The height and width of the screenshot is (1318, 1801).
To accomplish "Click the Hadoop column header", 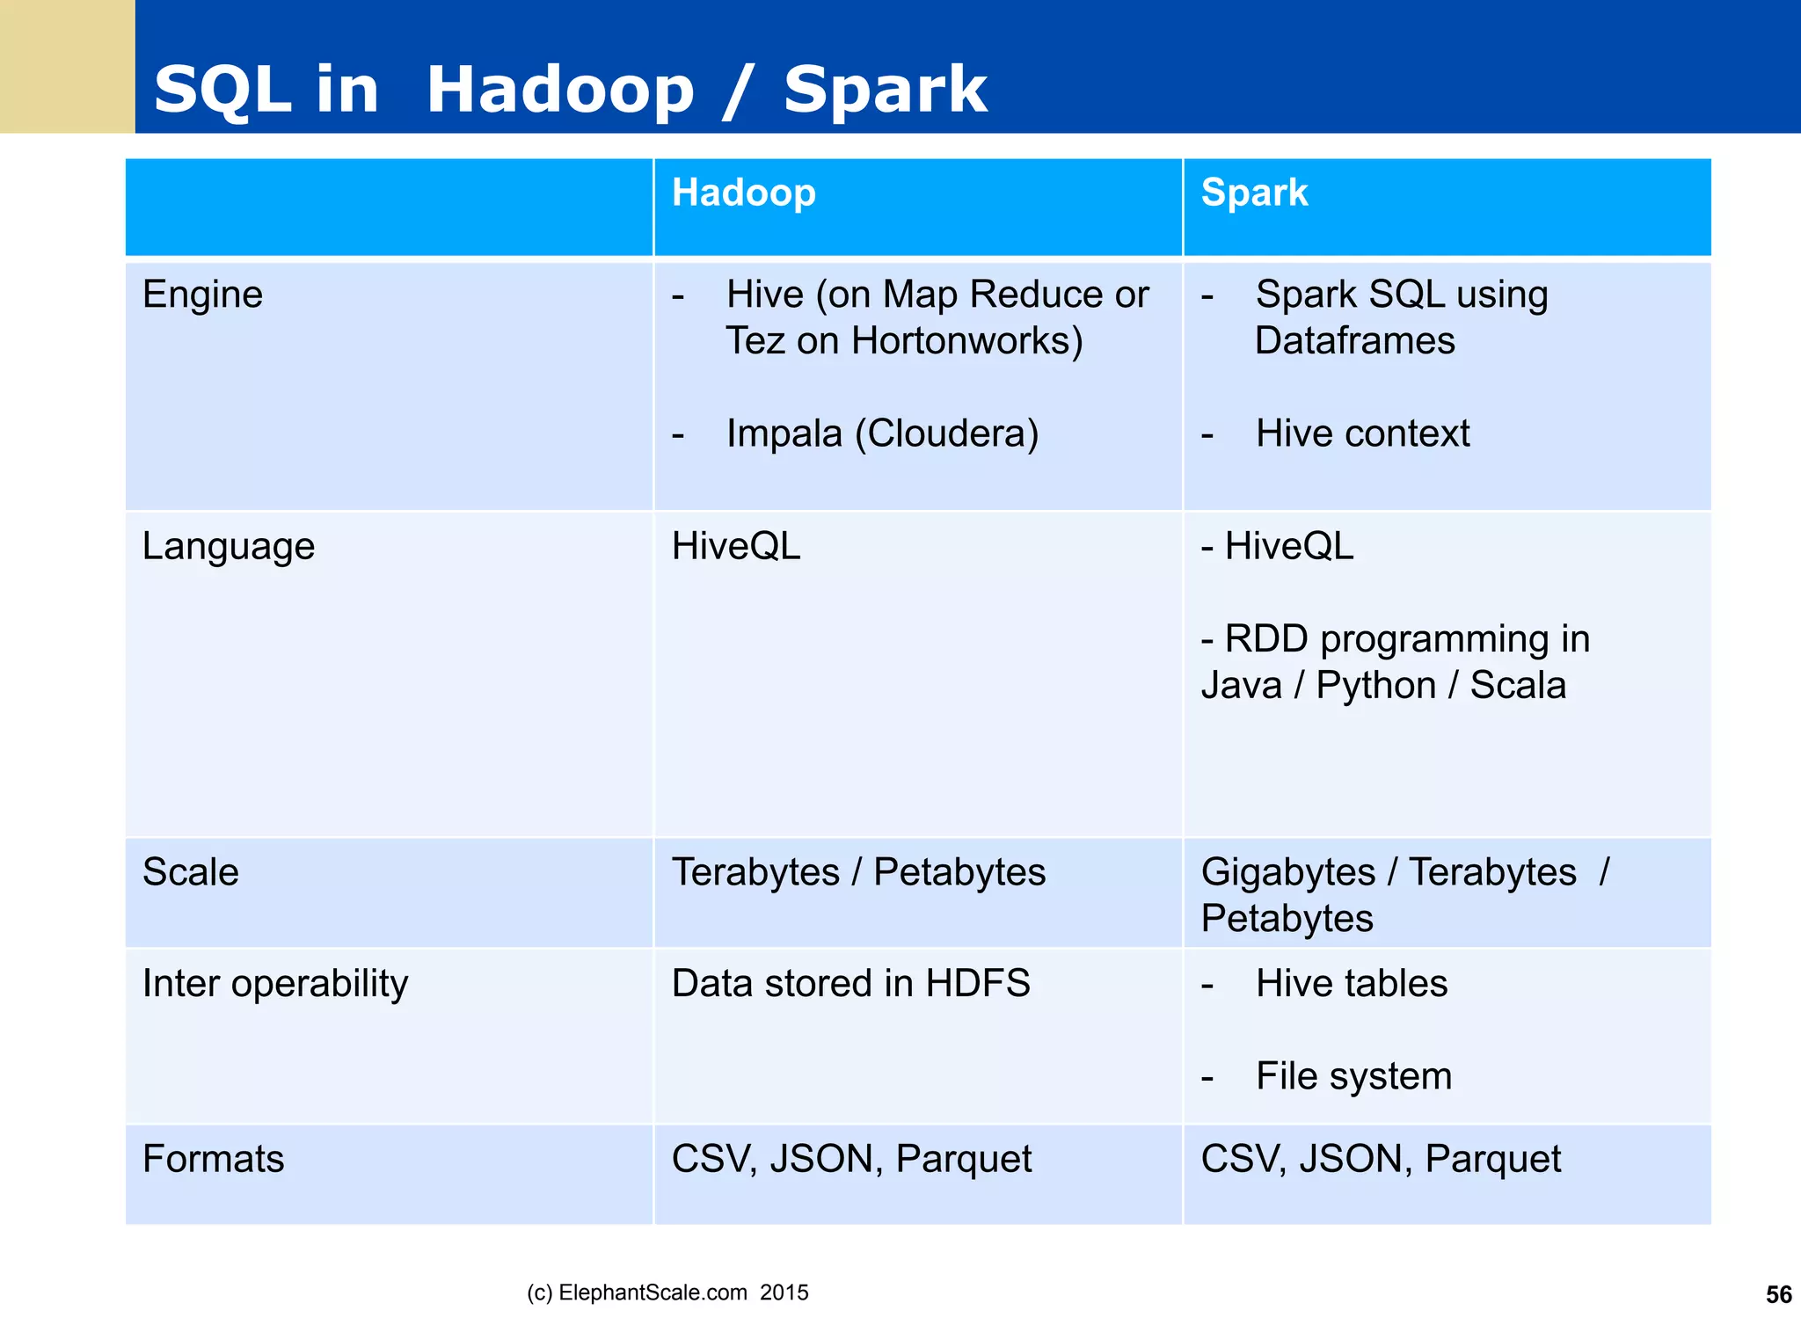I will click(x=743, y=193).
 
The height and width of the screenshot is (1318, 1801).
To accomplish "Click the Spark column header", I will click(x=1254, y=193).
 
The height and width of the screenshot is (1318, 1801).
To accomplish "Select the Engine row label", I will click(x=202, y=295).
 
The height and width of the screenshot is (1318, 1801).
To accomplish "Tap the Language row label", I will click(x=228, y=546).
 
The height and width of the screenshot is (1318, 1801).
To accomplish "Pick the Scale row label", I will click(x=190, y=872).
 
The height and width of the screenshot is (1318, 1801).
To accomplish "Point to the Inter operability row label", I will click(x=274, y=984).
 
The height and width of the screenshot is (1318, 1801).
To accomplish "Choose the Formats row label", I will click(x=213, y=1159).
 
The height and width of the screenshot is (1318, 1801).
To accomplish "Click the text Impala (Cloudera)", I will click(x=882, y=433).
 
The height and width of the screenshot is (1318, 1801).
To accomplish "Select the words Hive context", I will click(x=1361, y=433).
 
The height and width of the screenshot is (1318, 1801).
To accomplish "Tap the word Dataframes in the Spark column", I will click(x=1354, y=341).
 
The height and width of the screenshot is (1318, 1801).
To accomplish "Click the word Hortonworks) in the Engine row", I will click(x=966, y=341).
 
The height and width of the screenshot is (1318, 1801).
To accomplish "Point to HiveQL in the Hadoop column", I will click(x=735, y=546).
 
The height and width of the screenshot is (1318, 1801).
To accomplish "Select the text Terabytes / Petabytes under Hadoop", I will click(x=858, y=872).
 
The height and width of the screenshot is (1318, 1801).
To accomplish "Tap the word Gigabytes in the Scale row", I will click(x=1287, y=872).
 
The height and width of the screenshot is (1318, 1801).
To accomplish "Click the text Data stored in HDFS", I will click(x=850, y=984).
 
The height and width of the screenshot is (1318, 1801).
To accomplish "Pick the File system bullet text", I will click(x=1353, y=1076).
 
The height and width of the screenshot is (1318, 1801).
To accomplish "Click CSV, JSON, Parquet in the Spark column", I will click(x=1380, y=1159).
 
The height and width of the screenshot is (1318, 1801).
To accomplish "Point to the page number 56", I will click(x=1778, y=1294).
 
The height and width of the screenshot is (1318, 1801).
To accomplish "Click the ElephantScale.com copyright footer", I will click(x=667, y=1293).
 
